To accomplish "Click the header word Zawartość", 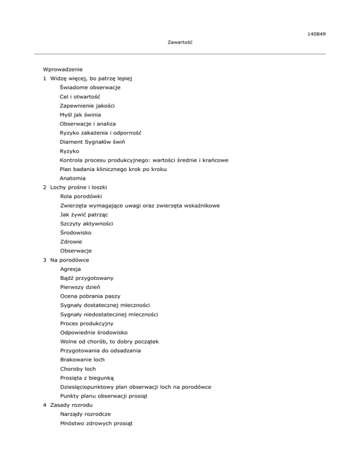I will pyautogui.click(x=180, y=43).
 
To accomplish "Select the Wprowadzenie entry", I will pyautogui.click(x=63, y=69).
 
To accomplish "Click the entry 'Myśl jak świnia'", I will pyautogui.click(x=80, y=115).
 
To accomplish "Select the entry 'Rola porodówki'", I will pyautogui.click(x=81, y=196).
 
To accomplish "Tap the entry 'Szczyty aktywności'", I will pyautogui.click(x=86, y=224).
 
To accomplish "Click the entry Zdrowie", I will pyautogui.click(x=71, y=242).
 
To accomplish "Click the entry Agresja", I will pyautogui.click(x=70, y=269).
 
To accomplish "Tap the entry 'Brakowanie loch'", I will pyautogui.click(x=82, y=360).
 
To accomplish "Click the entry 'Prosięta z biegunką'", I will pyautogui.click(x=87, y=378).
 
